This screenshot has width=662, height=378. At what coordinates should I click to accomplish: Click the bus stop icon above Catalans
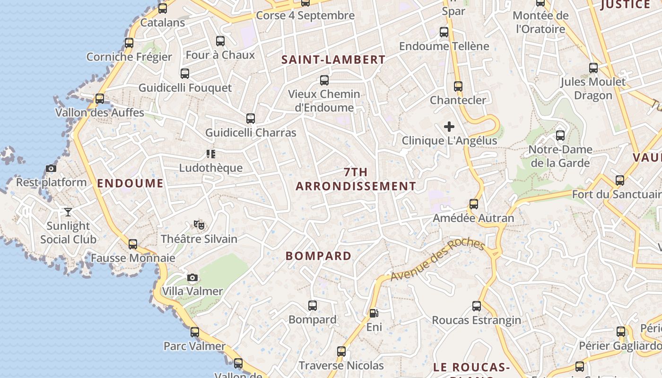click(x=163, y=9)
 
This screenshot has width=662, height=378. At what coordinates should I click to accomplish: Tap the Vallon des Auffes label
click(x=100, y=112)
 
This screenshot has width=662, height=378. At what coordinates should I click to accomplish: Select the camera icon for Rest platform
click(x=51, y=168)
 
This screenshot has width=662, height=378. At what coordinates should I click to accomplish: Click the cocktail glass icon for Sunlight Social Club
click(x=68, y=212)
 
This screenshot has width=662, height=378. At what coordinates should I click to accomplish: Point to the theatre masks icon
click(x=199, y=225)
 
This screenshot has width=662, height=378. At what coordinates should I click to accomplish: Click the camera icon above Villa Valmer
click(x=192, y=277)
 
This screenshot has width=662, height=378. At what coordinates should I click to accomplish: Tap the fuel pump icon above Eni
click(x=374, y=313)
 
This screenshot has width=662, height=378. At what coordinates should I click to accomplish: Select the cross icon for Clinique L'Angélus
click(x=449, y=127)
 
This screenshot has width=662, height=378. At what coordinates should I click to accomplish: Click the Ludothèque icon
click(x=211, y=154)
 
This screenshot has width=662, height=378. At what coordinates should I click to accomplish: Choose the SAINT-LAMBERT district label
click(x=333, y=60)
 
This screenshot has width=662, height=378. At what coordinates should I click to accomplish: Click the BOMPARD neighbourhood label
click(x=319, y=256)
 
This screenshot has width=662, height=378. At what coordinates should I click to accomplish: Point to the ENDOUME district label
click(x=130, y=183)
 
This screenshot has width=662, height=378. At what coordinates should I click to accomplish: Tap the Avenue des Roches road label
click(x=437, y=259)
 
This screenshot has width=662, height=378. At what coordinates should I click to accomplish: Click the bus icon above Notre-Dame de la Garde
click(x=560, y=136)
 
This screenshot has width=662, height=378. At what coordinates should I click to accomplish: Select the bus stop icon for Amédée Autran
click(x=474, y=204)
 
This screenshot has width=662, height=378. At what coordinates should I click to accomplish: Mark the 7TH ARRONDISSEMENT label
click(x=356, y=179)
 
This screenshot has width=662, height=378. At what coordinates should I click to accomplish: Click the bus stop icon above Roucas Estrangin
click(x=477, y=306)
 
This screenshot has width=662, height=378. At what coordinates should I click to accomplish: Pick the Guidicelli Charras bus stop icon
click(x=251, y=119)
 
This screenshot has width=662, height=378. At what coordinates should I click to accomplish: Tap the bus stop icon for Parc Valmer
click(x=195, y=332)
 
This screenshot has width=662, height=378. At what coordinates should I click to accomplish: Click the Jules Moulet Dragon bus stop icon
click(x=593, y=68)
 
